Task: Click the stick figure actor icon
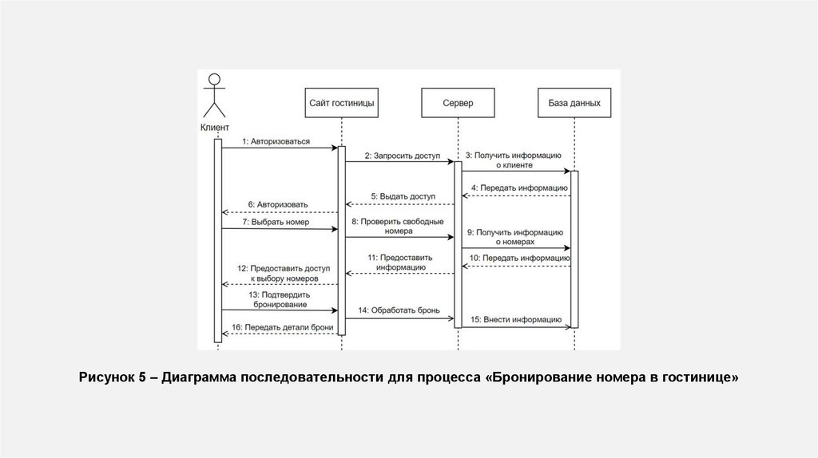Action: pyautogui.click(x=213, y=95)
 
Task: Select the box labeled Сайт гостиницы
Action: pyautogui.click(x=341, y=103)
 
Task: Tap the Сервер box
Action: pyautogui.click(x=458, y=103)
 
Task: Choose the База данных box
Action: pyautogui.click(x=574, y=103)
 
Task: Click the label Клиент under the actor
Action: pyautogui.click(x=214, y=128)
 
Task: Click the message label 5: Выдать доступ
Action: pyautogui.click(x=403, y=196)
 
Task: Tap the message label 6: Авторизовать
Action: pyautogui.click(x=277, y=205)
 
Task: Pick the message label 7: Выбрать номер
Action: pyautogui.click(x=277, y=222)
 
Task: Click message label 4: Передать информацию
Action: pyautogui.click(x=518, y=188)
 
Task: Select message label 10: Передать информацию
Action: pyautogui.click(x=518, y=259)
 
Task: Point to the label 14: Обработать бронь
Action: pyautogui.click(x=399, y=309)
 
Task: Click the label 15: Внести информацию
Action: pyautogui.click(x=515, y=319)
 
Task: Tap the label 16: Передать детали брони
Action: pyautogui.click(x=282, y=327)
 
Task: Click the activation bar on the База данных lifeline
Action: pyautogui.click(x=574, y=248)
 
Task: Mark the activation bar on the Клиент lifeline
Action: pyautogui.click(x=217, y=239)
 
